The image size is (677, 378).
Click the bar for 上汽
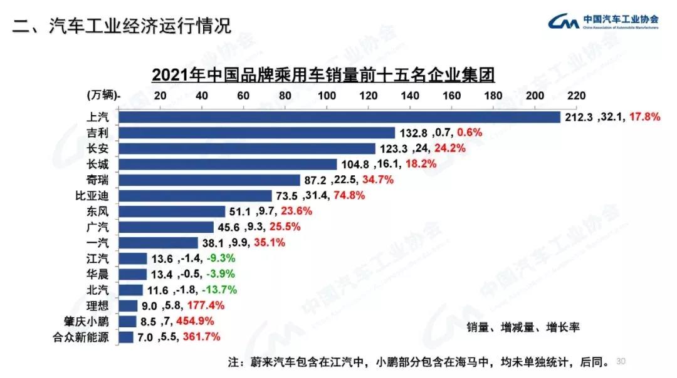(x=338, y=117)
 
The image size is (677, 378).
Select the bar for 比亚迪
(x=195, y=195)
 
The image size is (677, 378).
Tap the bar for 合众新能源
(x=126, y=337)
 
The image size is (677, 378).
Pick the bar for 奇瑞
(x=209, y=180)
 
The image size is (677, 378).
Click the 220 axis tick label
(x=576, y=95)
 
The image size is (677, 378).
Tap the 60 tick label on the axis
(x=243, y=95)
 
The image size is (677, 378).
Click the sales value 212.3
(x=579, y=117)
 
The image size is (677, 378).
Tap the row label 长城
(x=100, y=164)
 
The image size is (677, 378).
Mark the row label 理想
(x=100, y=306)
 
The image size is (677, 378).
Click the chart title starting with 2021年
(x=323, y=75)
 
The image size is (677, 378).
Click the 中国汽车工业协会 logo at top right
(x=602, y=22)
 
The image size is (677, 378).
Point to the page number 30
(x=622, y=362)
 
